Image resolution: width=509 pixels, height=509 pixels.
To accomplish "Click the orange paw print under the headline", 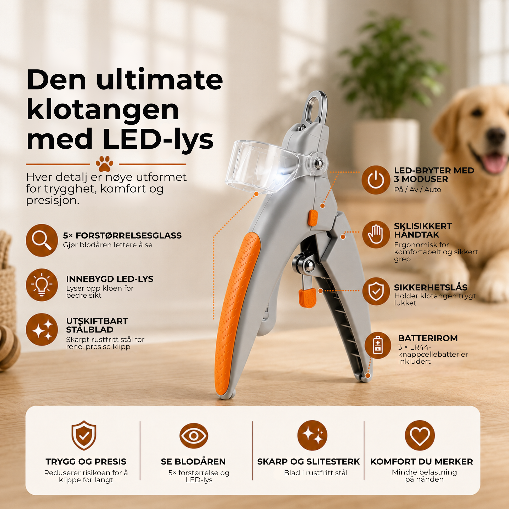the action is pyautogui.click(x=105, y=164).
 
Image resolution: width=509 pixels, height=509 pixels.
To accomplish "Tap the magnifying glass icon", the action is pyautogui.click(x=42, y=240).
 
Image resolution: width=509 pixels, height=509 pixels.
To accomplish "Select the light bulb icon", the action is pyautogui.click(x=42, y=285).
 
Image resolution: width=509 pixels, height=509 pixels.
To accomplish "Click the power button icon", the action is pyautogui.click(x=376, y=180).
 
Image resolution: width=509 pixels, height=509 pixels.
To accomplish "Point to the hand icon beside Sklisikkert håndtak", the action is pyautogui.click(x=376, y=234).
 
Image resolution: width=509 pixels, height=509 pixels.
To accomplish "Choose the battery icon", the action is pyautogui.click(x=378, y=345).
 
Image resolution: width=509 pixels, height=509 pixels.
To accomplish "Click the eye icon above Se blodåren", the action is pyautogui.click(x=194, y=436).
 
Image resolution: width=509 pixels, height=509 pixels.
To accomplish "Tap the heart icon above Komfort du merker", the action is pyautogui.click(x=420, y=435).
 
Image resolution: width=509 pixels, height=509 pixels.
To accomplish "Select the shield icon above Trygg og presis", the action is pyautogui.click(x=84, y=435).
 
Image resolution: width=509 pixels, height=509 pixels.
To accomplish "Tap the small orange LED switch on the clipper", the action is pyautogui.click(x=313, y=218).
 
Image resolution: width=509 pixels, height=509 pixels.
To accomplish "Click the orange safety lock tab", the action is pyautogui.click(x=307, y=298).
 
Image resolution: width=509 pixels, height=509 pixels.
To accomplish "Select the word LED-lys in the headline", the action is pyautogui.click(x=158, y=139).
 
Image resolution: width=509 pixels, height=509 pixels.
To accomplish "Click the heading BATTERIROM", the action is pyautogui.click(x=428, y=338).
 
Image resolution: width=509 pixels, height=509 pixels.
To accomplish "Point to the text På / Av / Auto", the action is pyautogui.click(x=417, y=189).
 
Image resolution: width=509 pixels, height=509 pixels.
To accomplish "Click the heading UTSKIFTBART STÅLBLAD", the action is pyautogui.click(x=97, y=325).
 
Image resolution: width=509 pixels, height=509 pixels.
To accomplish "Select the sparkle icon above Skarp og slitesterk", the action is pyautogui.click(x=312, y=435).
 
